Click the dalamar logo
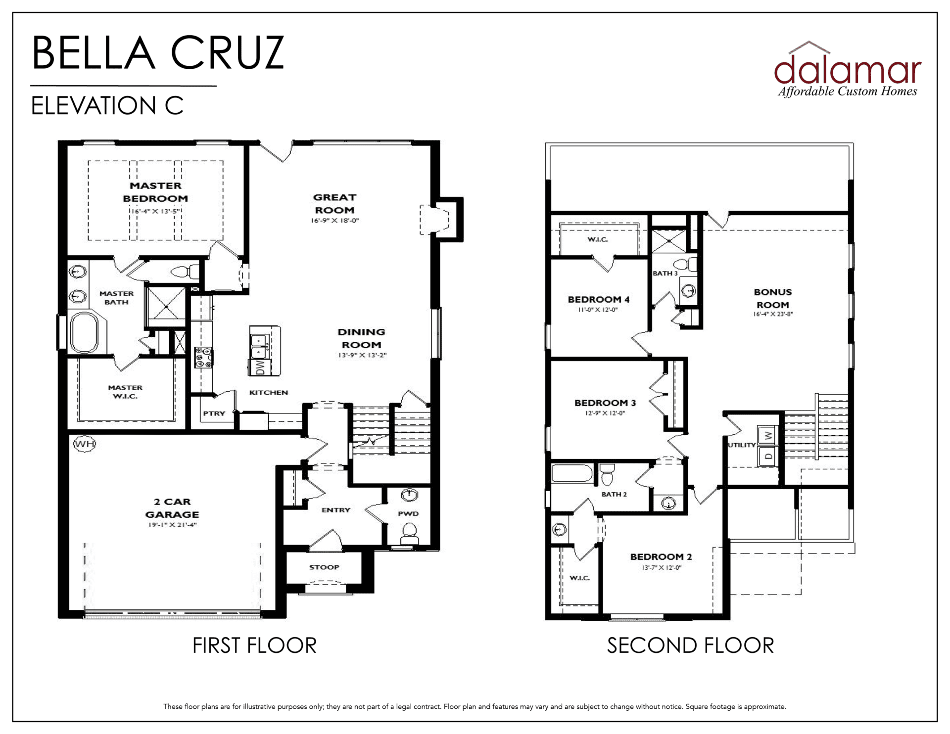pos(848,69)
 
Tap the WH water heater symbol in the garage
pos(84,444)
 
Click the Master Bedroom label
pos(155,192)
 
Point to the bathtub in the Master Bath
pos(88,332)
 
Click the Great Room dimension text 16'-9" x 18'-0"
pos(335,221)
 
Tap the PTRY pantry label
pos(214,413)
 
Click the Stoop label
pos(325,567)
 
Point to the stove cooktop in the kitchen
pos(203,357)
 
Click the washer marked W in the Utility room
pos(768,436)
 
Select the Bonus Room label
pos(773,299)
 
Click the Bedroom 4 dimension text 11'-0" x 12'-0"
pos(598,310)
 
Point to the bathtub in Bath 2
pos(572,473)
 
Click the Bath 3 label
pos(665,273)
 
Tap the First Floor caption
pos(254,645)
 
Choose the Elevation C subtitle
pos(107,105)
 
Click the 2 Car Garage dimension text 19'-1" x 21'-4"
pos(172,525)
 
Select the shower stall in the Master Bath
pos(166,307)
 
